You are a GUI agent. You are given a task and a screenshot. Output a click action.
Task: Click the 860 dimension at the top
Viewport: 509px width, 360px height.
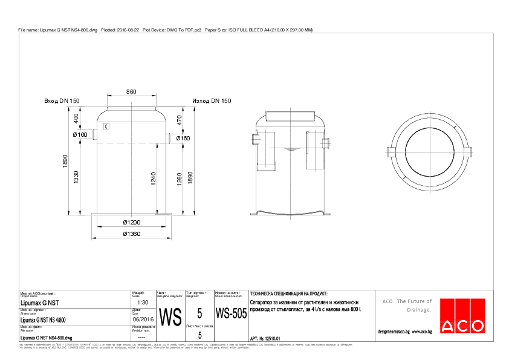pyautogui.click(x=131, y=91)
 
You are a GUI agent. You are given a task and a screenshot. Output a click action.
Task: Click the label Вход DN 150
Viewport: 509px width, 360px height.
pyautogui.click(x=62, y=101)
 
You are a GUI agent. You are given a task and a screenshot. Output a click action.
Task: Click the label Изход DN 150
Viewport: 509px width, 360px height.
pyautogui.click(x=212, y=101)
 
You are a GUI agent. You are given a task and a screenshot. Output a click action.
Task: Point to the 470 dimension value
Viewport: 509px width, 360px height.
pyautogui.click(x=179, y=120)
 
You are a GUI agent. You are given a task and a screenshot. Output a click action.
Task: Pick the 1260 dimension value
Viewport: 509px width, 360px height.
pyautogui.click(x=180, y=180)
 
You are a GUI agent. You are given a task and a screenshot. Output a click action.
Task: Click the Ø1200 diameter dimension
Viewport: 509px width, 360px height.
pyautogui.click(x=131, y=222)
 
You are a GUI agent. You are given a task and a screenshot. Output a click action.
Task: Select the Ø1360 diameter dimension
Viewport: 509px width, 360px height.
pyautogui.click(x=131, y=234)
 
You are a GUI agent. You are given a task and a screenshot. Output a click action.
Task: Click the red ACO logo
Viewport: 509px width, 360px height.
pyautogui.click(x=462, y=315)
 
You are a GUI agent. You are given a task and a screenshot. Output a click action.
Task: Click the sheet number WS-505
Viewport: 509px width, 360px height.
pyautogui.click(x=231, y=314)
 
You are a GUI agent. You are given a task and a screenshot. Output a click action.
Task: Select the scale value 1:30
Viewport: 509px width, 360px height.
pyautogui.click(x=143, y=302)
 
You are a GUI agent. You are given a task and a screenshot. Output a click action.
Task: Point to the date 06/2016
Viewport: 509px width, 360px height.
pyautogui.click(x=143, y=319)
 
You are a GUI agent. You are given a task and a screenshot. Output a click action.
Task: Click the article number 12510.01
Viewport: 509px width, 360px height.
pyautogui.click(x=270, y=338)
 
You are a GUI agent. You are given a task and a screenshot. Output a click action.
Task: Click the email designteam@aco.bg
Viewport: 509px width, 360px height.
pyautogui.click(x=394, y=332)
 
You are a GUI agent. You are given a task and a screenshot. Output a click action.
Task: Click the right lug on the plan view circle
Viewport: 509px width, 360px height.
pyautogui.click(x=470, y=151)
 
